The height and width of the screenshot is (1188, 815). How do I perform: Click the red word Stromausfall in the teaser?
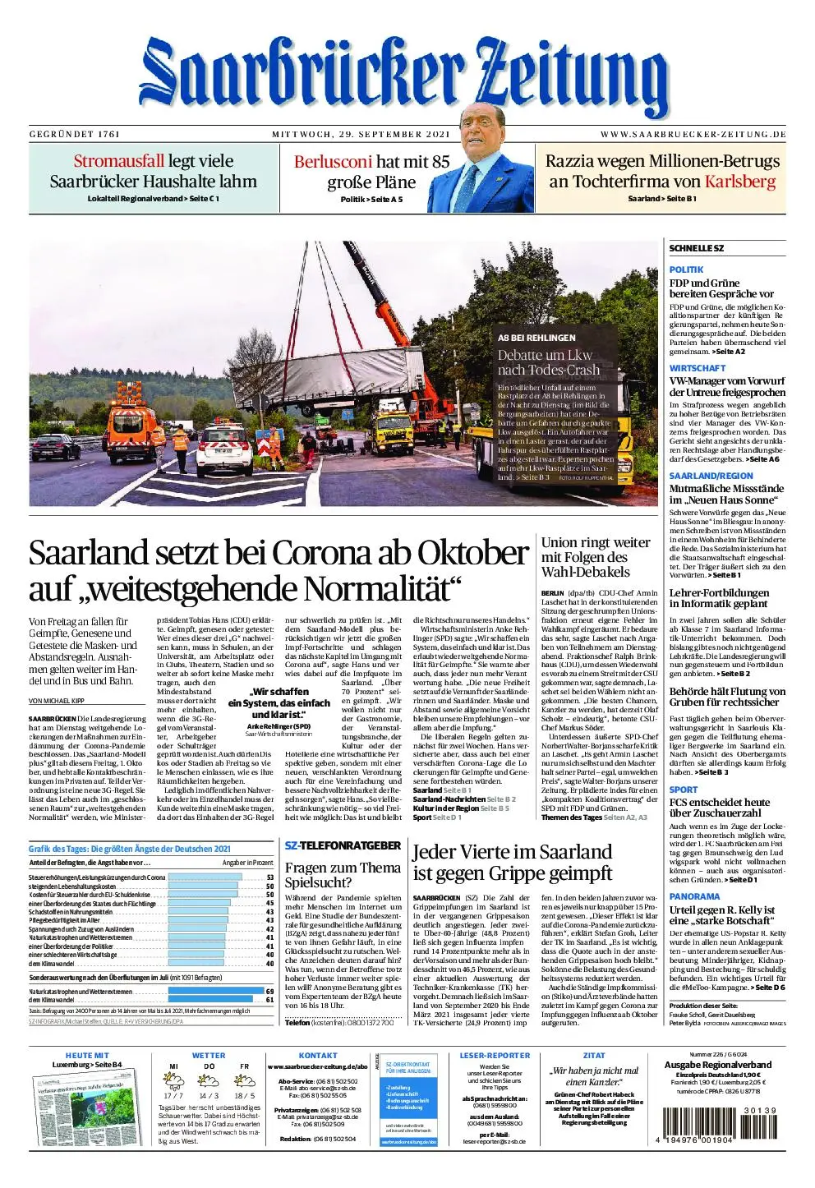(x=119, y=161)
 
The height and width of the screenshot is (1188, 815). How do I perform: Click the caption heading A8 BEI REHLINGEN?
(x=536, y=338)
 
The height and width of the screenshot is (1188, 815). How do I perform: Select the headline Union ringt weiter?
(x=595, y=542)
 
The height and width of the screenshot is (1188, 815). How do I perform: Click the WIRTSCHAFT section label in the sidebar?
(x=697, y=368)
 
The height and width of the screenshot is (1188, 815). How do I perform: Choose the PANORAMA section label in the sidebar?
(x=694, y=896)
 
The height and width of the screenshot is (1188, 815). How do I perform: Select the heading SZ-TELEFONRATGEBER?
(x=343, y=845)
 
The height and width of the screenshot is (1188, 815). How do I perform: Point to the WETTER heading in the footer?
(x=208, y=1056)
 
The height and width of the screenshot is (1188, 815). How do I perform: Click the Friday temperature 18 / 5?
(x=245, y=1095)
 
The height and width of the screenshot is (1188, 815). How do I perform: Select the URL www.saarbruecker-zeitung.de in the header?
(x=693, y=134)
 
